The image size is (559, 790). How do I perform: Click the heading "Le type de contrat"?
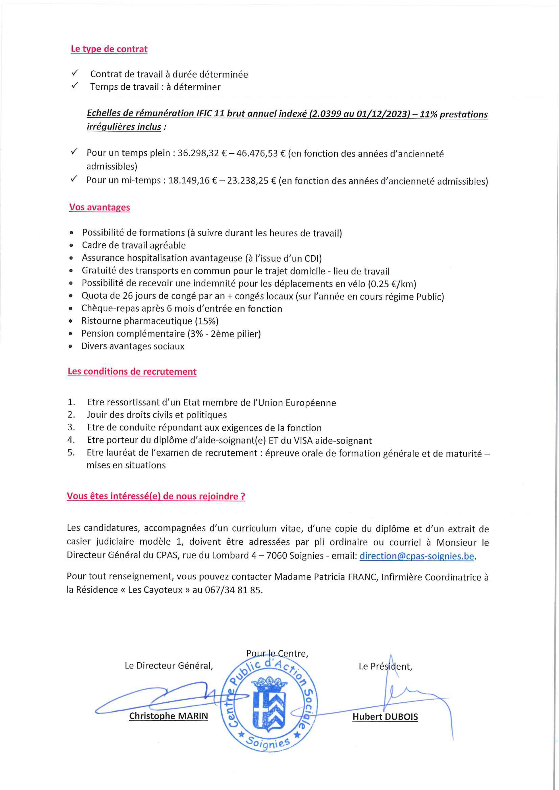(109, 49)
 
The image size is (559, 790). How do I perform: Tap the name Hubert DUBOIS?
(385, 717)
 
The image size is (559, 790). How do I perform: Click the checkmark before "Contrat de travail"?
(75, 73)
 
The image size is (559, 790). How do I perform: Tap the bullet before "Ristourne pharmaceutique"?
(70, 321)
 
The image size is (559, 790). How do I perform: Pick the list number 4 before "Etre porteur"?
(71, 440)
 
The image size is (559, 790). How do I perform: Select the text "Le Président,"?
(385, 666)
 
